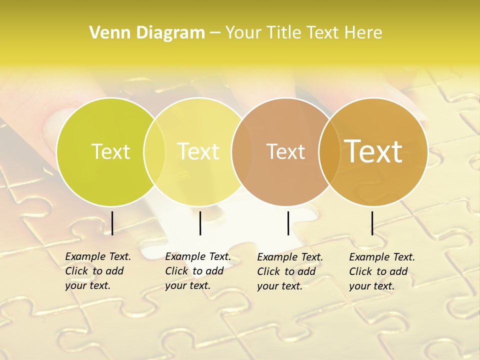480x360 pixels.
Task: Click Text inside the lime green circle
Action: coord(110,151)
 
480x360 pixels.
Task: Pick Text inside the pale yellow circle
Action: coord(198,151)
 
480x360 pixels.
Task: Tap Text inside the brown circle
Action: coord(285,151)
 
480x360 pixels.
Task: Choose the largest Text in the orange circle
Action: coord(373,151)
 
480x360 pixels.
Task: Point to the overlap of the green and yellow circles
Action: coord(154,151)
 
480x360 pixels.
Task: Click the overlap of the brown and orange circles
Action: coord(329,151)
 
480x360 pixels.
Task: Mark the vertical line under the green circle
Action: coord(112,223)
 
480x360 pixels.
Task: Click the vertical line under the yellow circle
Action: coord(200,223)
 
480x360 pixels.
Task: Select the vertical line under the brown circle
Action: coord(288,223)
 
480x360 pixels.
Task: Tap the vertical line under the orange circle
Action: coord(372,223)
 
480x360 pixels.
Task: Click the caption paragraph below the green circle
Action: coord(98,271)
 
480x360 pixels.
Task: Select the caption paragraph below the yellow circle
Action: coord(198,271)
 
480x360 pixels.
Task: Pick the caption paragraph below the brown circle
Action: coord(290,271)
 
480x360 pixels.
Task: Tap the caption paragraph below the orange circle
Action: coord(382,271)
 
